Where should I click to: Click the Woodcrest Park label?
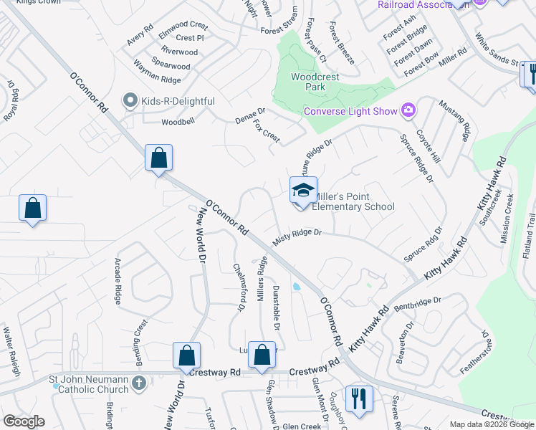click(308, 82)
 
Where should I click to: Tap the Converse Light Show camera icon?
click(408, 110)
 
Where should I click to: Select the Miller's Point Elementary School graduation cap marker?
click(302, 191)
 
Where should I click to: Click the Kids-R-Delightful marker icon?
click(130, 101)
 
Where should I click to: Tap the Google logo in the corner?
click(24, 421)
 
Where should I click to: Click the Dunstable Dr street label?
click(276, 305)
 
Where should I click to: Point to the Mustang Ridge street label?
click(457, 118)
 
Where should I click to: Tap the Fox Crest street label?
click(266, 131)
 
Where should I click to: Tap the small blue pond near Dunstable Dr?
click(297, 287)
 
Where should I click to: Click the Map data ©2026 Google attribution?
click(492, 424)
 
